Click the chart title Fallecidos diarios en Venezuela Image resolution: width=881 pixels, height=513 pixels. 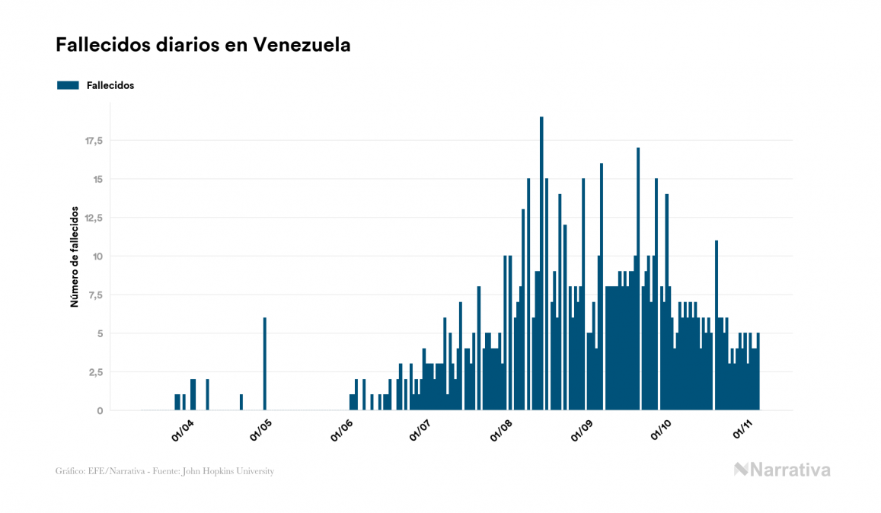[203, 45]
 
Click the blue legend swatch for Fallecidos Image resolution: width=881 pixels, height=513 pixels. [68, 85]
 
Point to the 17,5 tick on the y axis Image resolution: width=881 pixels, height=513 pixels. [94, 141]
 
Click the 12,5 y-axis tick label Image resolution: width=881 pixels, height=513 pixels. [94, 218]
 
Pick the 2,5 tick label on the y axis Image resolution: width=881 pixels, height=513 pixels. [96, 371]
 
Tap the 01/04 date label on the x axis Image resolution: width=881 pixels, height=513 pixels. [183, 431]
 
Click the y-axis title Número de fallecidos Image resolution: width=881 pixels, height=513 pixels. [75, 256]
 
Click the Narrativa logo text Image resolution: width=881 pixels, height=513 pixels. [790, 470]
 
